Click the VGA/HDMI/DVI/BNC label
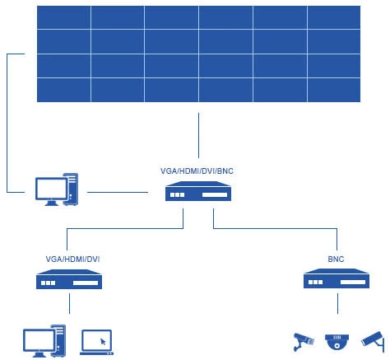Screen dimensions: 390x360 197,171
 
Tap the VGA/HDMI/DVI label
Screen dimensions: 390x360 72,259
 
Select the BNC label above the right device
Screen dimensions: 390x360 336,259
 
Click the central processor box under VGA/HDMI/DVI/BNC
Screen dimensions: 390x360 198,191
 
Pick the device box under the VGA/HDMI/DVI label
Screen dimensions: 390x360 69,279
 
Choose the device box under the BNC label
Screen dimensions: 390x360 337,278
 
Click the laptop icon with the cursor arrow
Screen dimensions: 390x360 97,342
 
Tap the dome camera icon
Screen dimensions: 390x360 337,342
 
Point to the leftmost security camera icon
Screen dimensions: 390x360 304,342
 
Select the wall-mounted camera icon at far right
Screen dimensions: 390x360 373,341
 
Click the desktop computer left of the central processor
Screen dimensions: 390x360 57,189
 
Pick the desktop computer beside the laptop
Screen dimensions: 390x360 44,341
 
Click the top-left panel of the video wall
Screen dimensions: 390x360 63,17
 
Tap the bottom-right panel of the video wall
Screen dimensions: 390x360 334,91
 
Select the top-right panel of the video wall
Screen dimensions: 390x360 334,17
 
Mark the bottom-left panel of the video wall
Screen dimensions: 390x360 63,91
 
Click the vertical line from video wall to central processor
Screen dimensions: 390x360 198,135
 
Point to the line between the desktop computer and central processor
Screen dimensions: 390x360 118,192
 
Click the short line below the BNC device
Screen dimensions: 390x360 337,303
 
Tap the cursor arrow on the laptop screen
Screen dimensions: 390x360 103,342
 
